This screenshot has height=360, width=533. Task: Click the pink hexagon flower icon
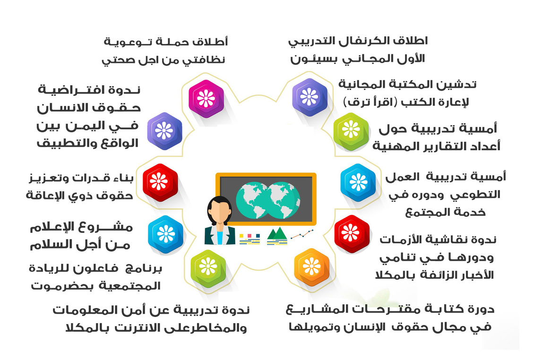(x=206, y=99)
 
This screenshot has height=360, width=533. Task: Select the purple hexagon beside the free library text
(x=309, y=97)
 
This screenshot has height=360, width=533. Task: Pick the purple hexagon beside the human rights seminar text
(x=164, y=131)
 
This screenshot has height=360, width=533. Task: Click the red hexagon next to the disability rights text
(x=160, y=182)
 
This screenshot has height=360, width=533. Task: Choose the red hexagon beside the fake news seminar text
(x=352, y=234)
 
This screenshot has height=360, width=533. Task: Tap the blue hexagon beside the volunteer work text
(x=358, y=182)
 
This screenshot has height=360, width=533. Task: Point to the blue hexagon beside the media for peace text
(x=166, y=234)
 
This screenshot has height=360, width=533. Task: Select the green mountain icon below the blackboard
(x=277, y=234)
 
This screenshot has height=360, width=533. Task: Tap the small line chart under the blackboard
(x=302, y=234)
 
